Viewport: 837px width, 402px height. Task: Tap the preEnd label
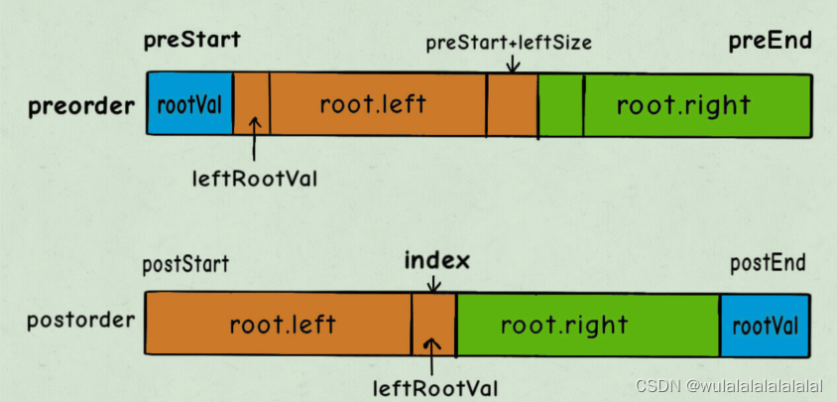[770, 41]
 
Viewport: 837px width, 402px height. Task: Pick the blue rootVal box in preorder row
[189, 104]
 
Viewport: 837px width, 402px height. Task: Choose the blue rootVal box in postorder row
[764, 325]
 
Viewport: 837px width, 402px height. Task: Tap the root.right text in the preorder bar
[683, 104]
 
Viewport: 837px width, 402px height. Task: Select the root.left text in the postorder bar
[283, 324]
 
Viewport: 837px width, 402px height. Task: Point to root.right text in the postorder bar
[563, 324]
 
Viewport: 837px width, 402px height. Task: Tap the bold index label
[436, 262]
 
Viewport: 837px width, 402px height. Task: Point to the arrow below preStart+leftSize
[512, 64]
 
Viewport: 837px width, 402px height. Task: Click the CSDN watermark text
[730, 385]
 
